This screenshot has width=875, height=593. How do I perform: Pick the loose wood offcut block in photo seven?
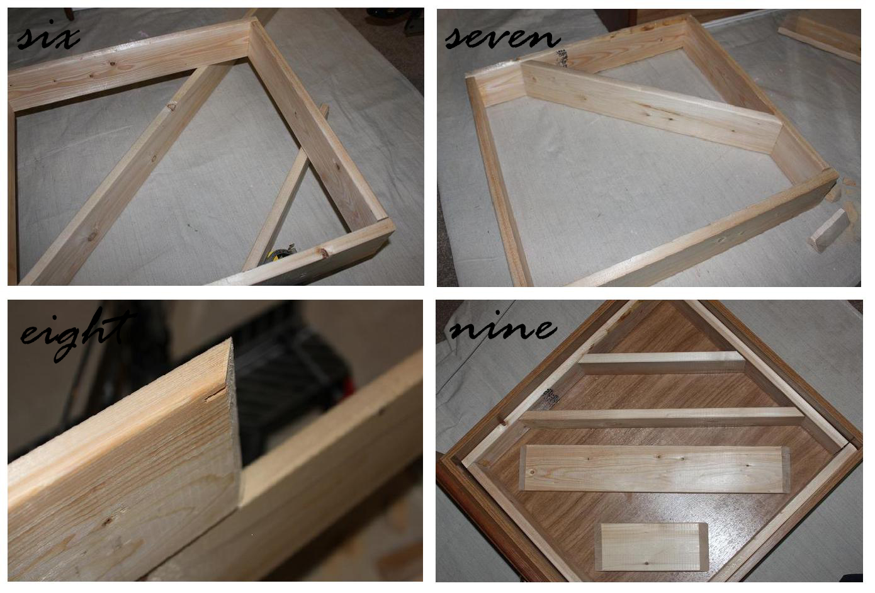[x=827, y=231]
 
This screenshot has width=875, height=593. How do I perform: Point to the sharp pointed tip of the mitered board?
[x=230, y=340]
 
